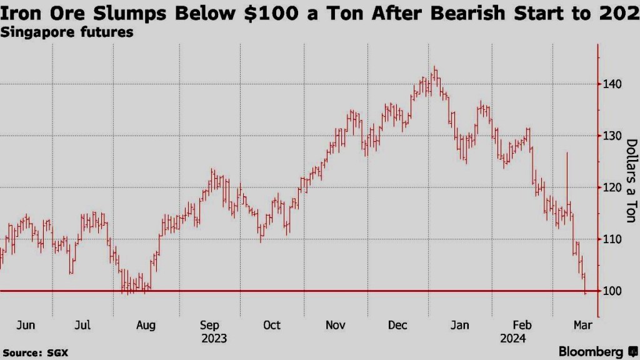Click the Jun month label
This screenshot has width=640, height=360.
coord(26,325)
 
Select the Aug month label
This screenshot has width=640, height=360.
coord(146,325)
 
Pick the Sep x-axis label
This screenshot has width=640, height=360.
coord(210,325)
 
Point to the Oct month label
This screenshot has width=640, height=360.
coord(272,325)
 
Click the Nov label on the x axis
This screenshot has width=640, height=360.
coord(336,325)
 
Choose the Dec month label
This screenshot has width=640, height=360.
coord(397,325)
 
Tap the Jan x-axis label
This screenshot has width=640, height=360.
coord(460,325)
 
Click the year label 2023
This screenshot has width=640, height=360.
coord(214,339)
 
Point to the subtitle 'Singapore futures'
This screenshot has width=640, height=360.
coord(67,32)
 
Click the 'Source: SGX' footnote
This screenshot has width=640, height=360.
coord(34,353)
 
